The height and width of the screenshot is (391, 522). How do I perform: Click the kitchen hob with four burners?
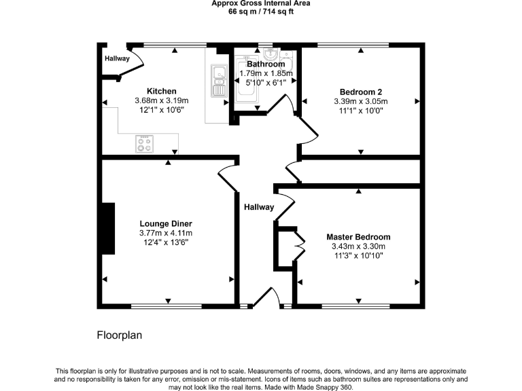(145, 144)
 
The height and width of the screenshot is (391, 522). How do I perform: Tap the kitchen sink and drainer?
(219, 80)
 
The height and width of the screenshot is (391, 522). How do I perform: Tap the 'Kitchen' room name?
(162, 92)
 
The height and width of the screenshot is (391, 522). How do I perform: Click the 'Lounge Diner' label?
(166, 224)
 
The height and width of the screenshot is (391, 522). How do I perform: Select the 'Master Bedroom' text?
(358, 237)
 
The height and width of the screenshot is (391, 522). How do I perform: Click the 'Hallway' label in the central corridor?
(259, 208)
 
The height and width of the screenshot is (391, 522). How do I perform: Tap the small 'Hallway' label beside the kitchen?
(117, 59)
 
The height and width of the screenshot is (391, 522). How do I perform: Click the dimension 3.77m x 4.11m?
(166, 234)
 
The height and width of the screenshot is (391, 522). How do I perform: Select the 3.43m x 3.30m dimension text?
(358, 246)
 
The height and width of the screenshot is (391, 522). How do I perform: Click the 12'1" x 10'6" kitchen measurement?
(162, 109)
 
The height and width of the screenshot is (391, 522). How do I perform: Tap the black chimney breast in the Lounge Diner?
(108, 229)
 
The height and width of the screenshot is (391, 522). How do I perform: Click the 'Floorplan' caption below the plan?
(119, 335)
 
